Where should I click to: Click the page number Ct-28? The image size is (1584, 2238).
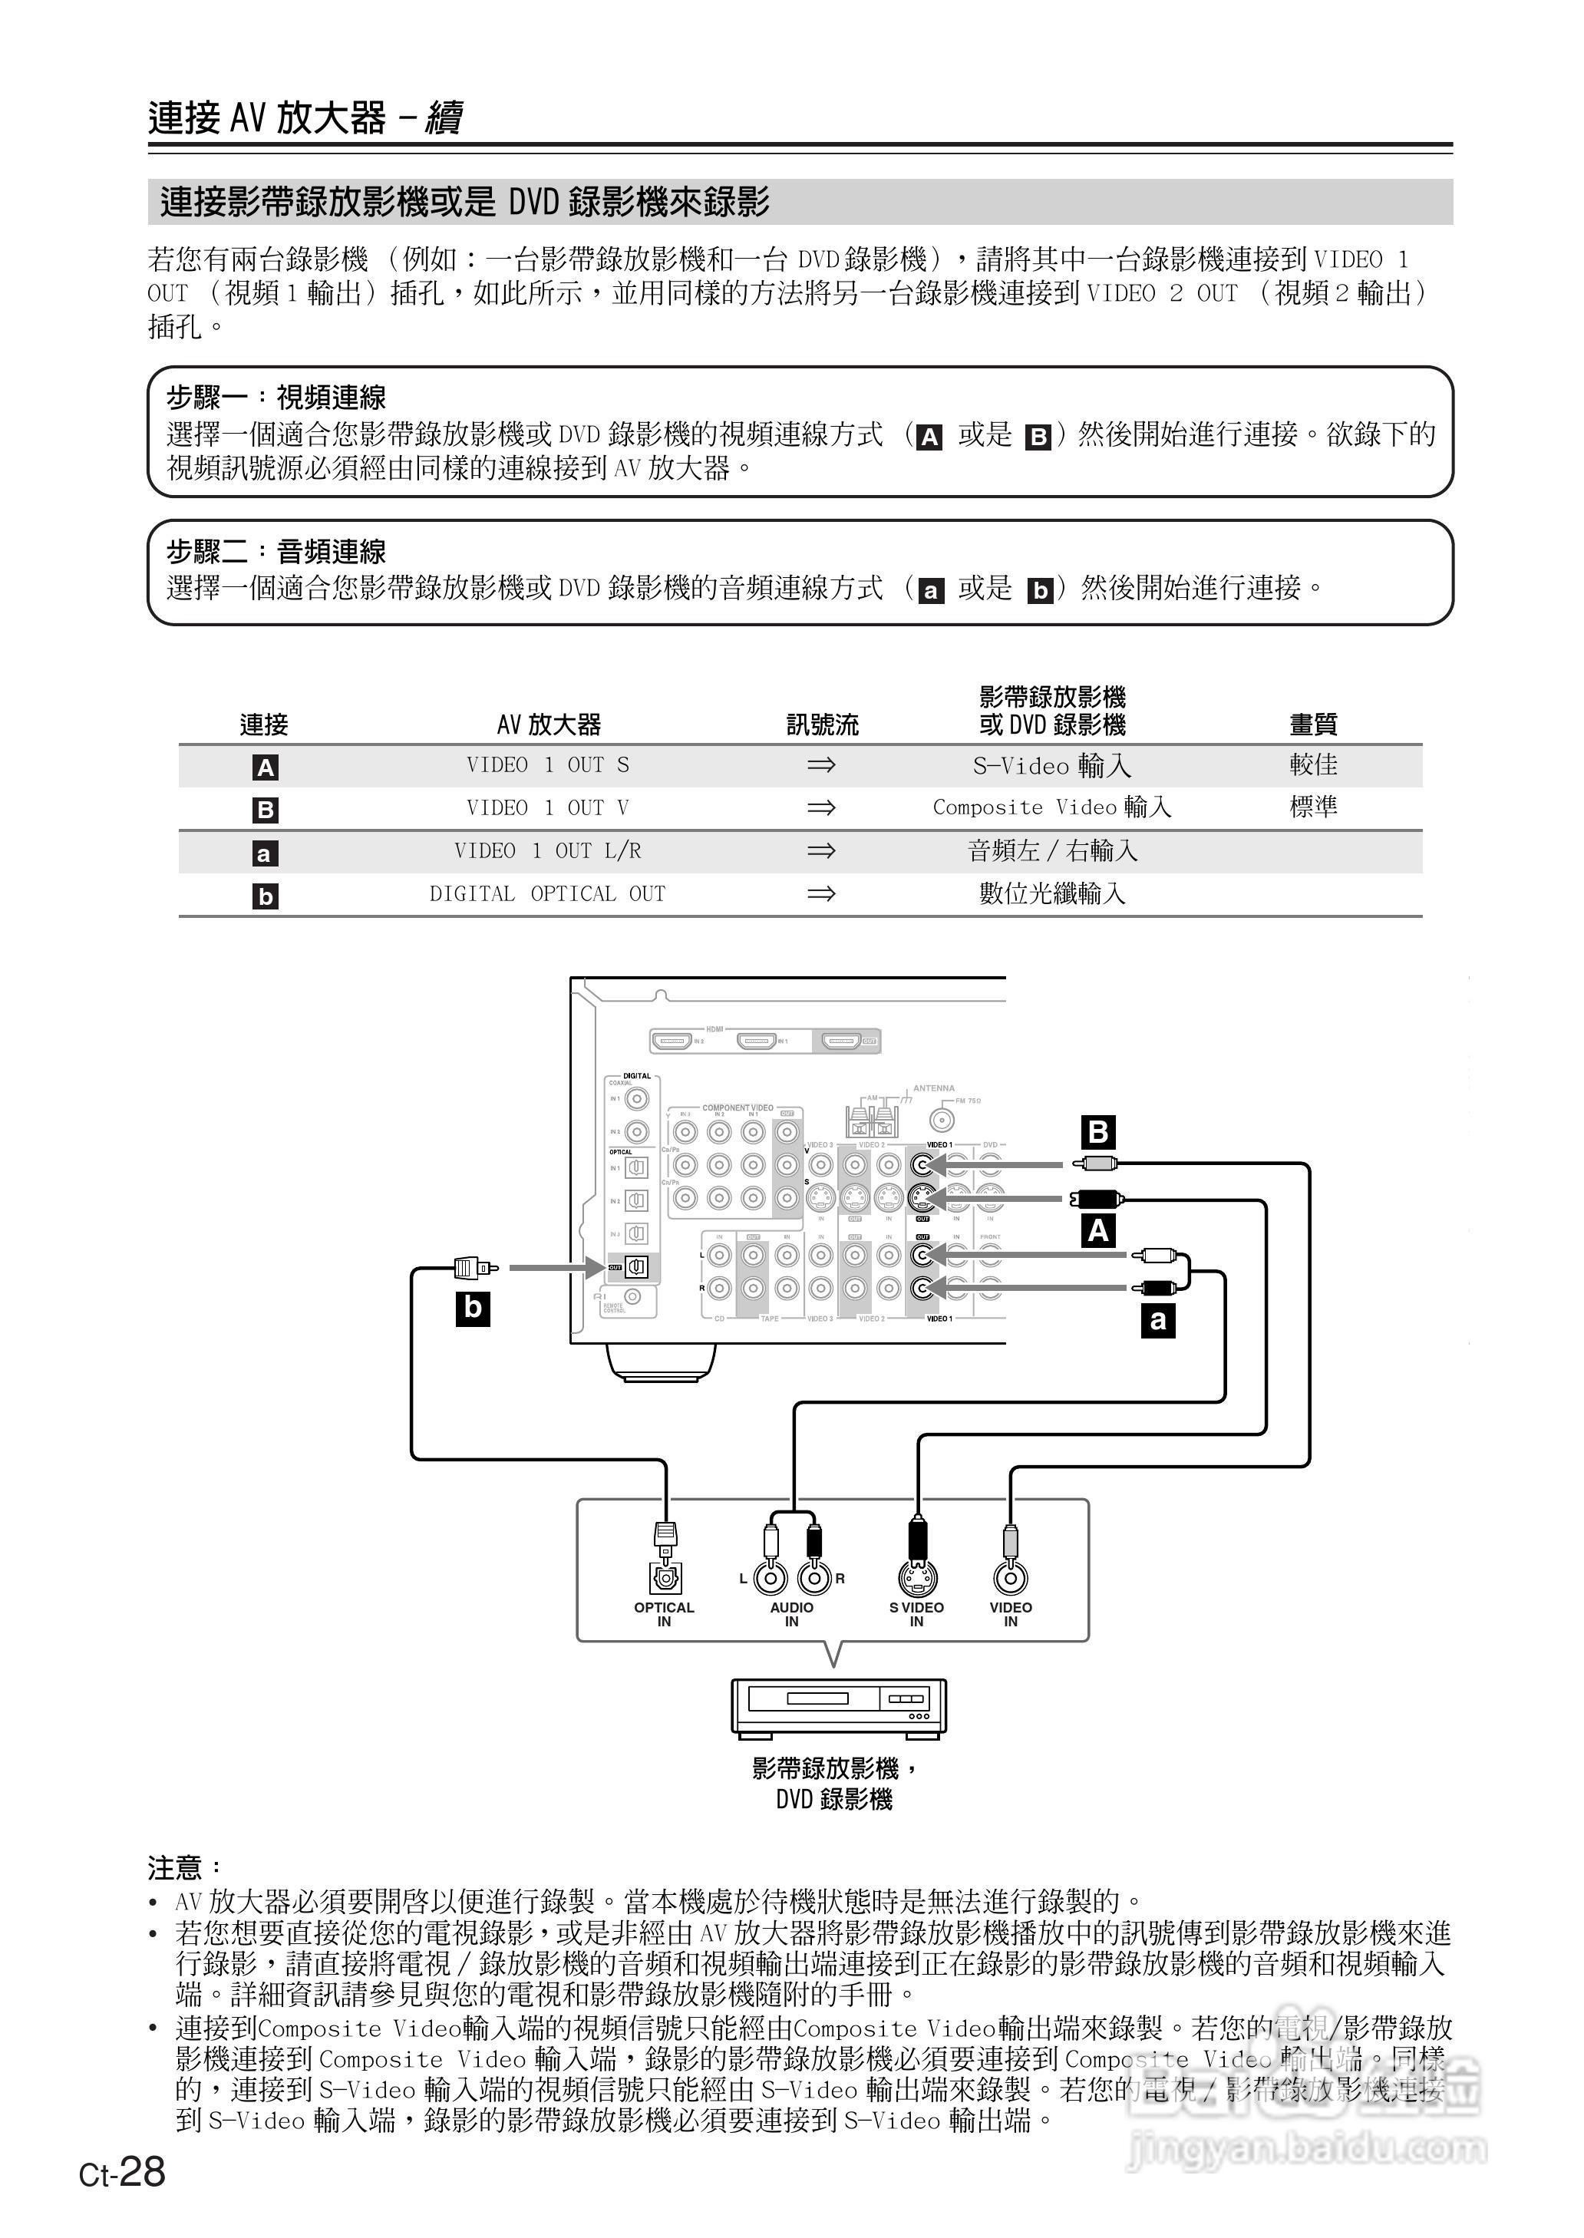123,2172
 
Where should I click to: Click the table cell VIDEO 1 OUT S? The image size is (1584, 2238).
547,765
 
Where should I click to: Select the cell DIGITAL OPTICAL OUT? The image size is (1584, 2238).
547,894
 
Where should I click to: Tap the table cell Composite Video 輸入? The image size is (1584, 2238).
1051,807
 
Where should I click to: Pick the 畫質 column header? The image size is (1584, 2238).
1313,725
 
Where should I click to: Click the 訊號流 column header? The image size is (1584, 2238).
822,725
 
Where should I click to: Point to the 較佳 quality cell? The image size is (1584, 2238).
1313,765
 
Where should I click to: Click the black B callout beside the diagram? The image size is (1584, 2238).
1098,1132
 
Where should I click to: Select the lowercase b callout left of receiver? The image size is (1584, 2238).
473,1308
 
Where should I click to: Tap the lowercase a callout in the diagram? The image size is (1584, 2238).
1158,1320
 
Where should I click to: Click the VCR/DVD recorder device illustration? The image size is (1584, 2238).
839,1707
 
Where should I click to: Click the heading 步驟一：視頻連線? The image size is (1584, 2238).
276,398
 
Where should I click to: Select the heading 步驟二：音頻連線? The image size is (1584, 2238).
276,552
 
